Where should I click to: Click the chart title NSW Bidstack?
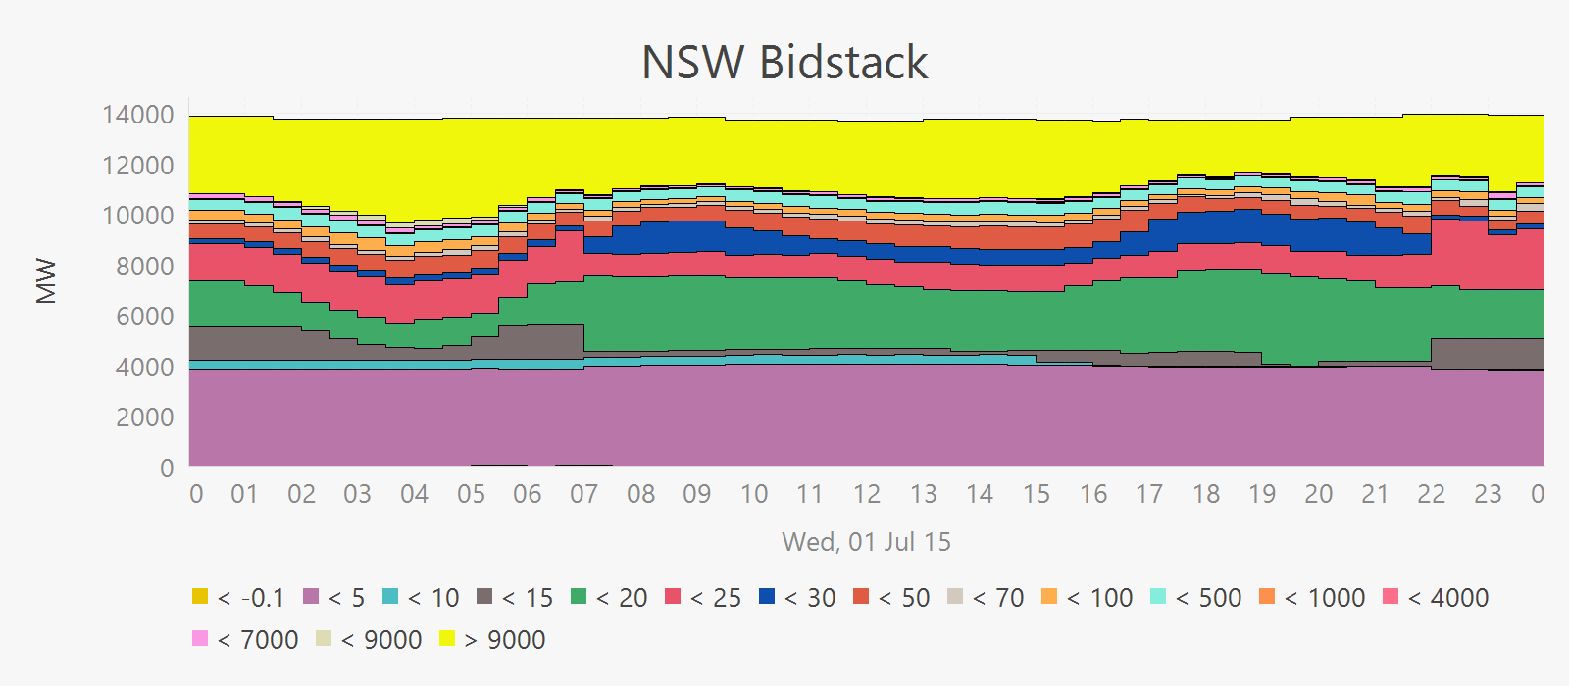(784, 63)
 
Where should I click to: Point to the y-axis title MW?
(46, 281)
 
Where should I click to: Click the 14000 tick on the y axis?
(138, 115)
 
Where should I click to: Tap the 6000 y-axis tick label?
(138, 317)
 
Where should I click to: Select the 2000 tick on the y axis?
(138, 417)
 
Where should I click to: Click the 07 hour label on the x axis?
(584, 494)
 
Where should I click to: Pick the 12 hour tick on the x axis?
(867, 494)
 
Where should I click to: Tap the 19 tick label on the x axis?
(1262, 494)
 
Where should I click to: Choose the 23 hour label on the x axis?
(1488, 494)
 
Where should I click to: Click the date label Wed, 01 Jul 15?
(866, 542)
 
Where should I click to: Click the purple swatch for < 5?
(312, 596)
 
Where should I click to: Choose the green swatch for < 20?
(579, 596)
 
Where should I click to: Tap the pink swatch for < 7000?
(200, 639)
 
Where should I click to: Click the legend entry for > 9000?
(504, 640)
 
